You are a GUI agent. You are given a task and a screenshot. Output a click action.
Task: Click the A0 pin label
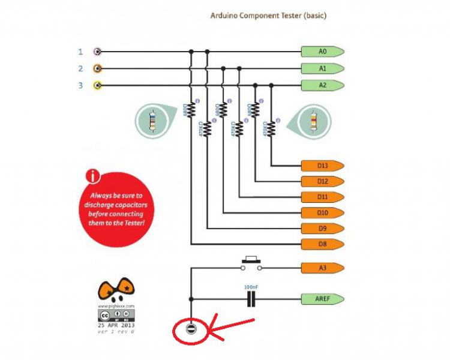pos(322,52)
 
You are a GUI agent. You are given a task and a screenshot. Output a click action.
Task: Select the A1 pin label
pos(322,68)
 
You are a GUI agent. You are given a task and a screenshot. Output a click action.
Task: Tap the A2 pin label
pos(322,85)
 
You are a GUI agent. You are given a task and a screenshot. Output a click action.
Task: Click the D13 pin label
pos(322,165)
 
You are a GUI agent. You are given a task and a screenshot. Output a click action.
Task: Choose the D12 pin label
pos(322,181)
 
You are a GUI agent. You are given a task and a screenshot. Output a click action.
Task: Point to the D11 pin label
pos(322,197)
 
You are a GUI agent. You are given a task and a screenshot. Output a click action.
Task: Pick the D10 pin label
pos(322,212)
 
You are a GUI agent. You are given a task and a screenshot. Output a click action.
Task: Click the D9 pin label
pos(322,228)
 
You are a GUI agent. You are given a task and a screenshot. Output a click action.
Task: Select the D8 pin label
pos(322,244)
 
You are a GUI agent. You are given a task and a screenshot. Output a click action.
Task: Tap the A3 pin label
pos(322,268)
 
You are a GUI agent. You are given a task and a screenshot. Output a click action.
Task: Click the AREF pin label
pos(322,298)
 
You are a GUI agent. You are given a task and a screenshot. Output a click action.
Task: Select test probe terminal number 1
pos(97,52)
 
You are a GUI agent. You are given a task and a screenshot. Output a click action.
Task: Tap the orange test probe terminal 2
pos(97,68)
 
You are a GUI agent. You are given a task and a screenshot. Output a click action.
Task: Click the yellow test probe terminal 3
pos(97,85)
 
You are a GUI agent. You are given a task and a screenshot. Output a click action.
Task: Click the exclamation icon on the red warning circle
pos(92,177)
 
